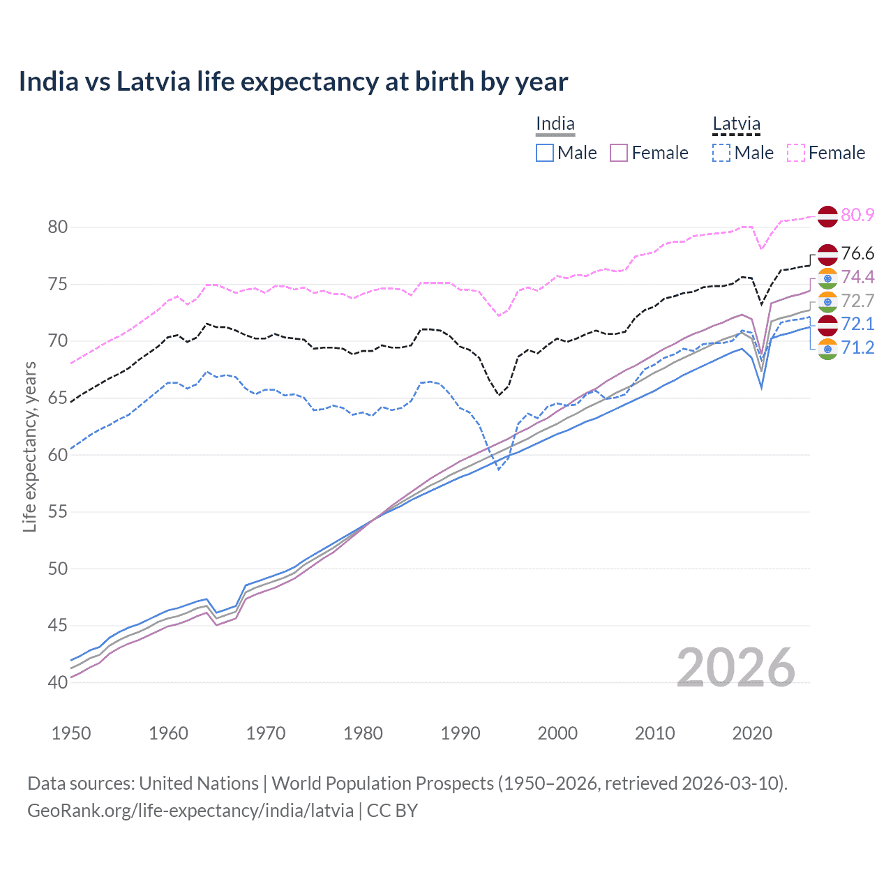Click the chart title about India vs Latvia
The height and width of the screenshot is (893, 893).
pos(293,82)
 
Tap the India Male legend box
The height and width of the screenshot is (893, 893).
pos(545,153)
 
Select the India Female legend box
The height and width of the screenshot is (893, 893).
pos(620,153)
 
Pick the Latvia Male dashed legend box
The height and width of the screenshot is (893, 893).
pos(721,153)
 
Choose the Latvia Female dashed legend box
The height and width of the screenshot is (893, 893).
pos(796,153)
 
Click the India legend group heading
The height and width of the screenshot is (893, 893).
pos(555,124)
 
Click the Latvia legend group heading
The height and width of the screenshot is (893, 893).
pos(736,124)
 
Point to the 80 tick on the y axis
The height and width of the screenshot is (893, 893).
pos(58,227)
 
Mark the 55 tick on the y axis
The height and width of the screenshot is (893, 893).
pos(58,511)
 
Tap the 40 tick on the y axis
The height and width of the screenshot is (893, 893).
pos(58,682)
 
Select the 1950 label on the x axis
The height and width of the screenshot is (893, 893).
pos(71,733)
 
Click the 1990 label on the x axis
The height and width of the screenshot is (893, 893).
pos(460,733)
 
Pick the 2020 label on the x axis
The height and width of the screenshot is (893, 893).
pos(752,733)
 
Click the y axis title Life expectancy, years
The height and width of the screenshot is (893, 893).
pos(30,446)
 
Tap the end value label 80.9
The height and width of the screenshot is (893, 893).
pos(857,215)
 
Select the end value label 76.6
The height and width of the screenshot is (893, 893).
pos(857,253)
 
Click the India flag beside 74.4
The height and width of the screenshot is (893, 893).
pos(827,278)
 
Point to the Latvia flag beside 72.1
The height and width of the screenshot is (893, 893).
pos(827,324)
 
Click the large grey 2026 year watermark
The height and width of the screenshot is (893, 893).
pos(736,668)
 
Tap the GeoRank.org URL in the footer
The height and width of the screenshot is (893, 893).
pos(190,811)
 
